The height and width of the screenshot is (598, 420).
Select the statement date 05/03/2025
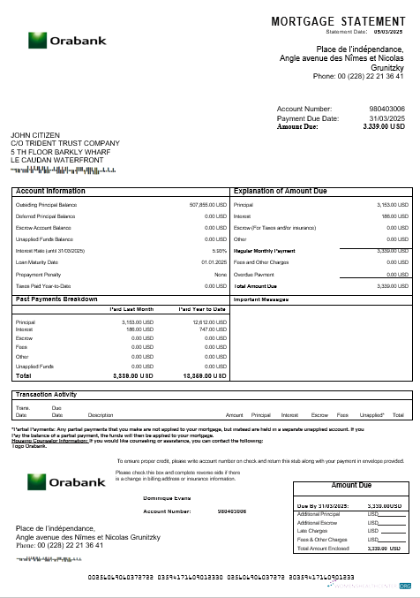(x=389, y=31)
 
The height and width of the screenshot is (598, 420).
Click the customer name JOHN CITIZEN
(x=35, y=135)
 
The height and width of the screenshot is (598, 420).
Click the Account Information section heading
(x=50, y=191)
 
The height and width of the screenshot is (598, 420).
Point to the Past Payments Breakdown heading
(x=56, y=299)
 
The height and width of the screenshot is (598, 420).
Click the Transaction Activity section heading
(x=54, y=394)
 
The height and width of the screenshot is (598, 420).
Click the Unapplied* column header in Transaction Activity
(x=372, y=415)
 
